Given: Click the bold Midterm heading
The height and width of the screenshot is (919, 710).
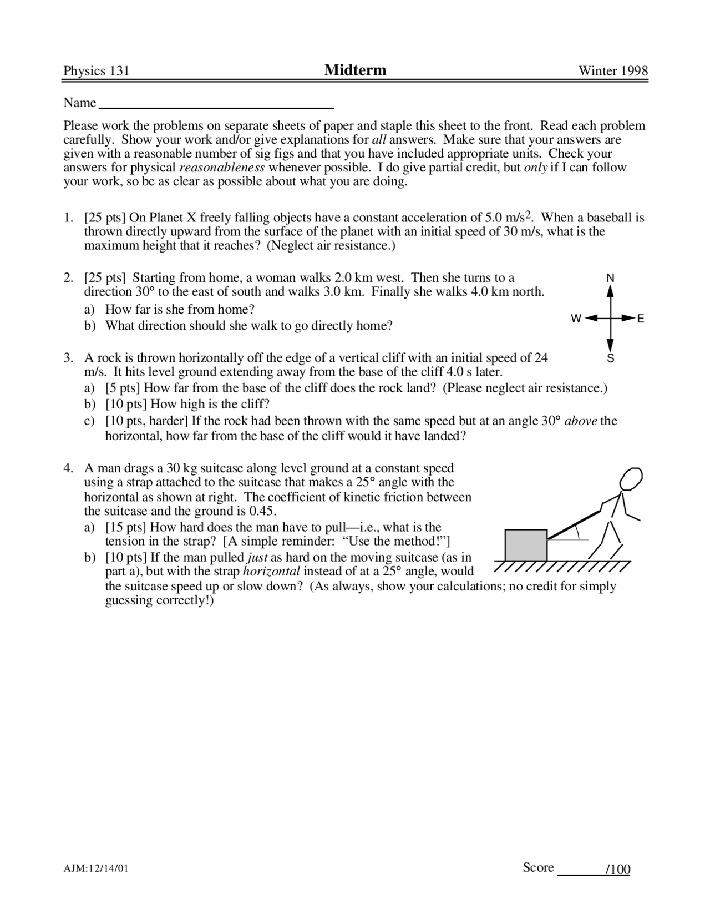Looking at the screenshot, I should [x=355, y=70].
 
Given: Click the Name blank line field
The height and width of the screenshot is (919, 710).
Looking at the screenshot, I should [x=215, y=105].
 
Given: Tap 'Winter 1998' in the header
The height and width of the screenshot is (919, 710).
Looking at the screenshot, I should [x=613, y=71].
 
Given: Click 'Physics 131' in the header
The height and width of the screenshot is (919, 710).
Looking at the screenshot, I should [x=96, y=71].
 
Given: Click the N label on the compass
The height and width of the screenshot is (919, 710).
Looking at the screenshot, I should [x=610, y=277].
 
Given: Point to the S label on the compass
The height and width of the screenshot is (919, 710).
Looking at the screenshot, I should [x=611, y=358].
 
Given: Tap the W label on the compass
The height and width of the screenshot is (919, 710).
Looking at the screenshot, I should [x=576, y=319].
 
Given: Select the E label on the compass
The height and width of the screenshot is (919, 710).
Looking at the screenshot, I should [x=641, y=319].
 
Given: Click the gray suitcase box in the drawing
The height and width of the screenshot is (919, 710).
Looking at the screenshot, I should [x=525, y=545].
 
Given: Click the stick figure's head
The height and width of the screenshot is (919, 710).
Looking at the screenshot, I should [x=631, y=479].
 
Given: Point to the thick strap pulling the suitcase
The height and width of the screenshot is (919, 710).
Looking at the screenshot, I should [x=574, y=522].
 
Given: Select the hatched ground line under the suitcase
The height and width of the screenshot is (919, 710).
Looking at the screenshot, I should [x=561, y=566].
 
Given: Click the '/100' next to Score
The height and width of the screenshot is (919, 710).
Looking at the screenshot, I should [x=617, y=870].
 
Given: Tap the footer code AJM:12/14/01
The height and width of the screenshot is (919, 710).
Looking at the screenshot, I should [x=96, y=868].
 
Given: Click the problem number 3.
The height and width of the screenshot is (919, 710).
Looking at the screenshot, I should [x=68, y=358].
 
